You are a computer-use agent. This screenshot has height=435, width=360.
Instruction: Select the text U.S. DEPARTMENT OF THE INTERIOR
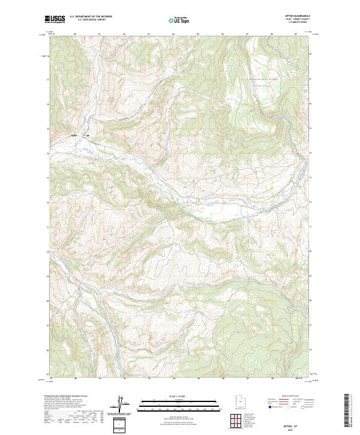[x=91, y=17]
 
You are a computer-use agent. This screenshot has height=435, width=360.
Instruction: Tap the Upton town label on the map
[x=75, y=135]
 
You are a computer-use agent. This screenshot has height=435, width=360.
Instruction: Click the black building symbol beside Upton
[x=88, y=135]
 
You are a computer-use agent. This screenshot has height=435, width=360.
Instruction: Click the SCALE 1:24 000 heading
[x=180, y=396]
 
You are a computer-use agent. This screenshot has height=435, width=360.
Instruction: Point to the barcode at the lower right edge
[x=346, y=411]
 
